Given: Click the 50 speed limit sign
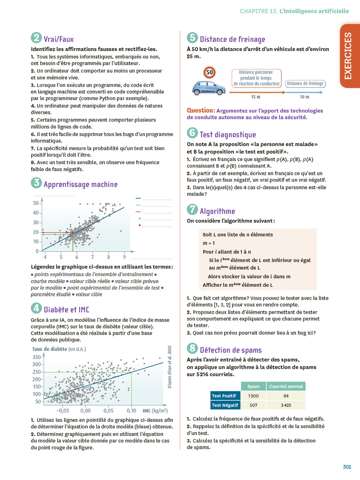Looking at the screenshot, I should tap(209, 72).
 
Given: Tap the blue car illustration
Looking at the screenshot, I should tap(208, 88).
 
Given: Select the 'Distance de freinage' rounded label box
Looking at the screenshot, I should tap(305, 84).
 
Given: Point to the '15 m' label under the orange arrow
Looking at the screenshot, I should tap(255, 97).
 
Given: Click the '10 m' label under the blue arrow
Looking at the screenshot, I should tap(304, 97).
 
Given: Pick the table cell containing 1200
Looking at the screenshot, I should tap(253, 396).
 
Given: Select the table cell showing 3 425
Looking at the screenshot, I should tap(286, 405).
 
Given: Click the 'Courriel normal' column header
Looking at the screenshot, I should tap(286, 386).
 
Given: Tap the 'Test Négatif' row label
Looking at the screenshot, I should tap(225, 405).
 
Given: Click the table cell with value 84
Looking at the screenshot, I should tap(286, 396).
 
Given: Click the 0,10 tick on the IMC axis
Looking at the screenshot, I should tap(132, 411).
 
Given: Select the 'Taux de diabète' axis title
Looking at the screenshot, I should tap(50, 349).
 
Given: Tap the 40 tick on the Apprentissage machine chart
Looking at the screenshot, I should tap(36, 213).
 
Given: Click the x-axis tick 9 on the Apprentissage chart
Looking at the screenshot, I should tap(124, 257).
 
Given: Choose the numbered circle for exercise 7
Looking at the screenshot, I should tap(192, 210).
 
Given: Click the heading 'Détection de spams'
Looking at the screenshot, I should tap(231, 350).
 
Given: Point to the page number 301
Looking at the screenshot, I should tap(347, 467).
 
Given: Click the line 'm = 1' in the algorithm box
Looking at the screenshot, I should tap(209, 243).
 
